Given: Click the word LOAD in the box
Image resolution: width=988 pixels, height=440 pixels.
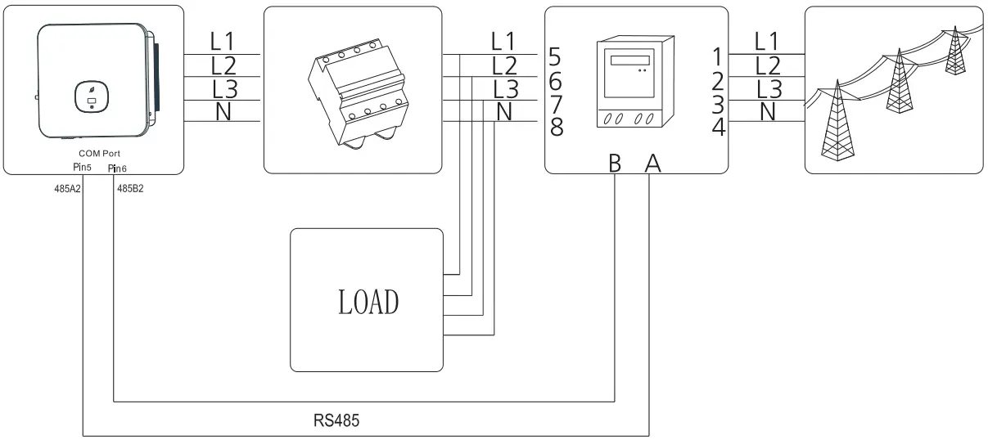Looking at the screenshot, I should (368, 302).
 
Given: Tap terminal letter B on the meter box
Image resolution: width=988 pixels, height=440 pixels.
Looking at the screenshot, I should (615, 164).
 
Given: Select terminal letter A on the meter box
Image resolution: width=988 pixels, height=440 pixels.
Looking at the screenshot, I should (652, 164).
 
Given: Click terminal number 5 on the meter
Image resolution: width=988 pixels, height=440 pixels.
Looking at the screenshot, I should (556, 58).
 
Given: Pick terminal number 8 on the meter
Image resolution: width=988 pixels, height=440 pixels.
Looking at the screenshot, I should (556, 127).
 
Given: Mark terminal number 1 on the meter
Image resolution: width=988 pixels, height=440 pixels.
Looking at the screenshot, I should (717, 58).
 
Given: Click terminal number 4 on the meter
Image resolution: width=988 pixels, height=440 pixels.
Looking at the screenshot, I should (717, 127).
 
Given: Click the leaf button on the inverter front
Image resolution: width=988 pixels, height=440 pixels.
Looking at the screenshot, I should (91, 95).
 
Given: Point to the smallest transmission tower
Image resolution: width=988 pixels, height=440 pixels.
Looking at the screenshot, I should (952, 50).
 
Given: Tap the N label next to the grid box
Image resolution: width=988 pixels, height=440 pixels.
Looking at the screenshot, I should (767, 111).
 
